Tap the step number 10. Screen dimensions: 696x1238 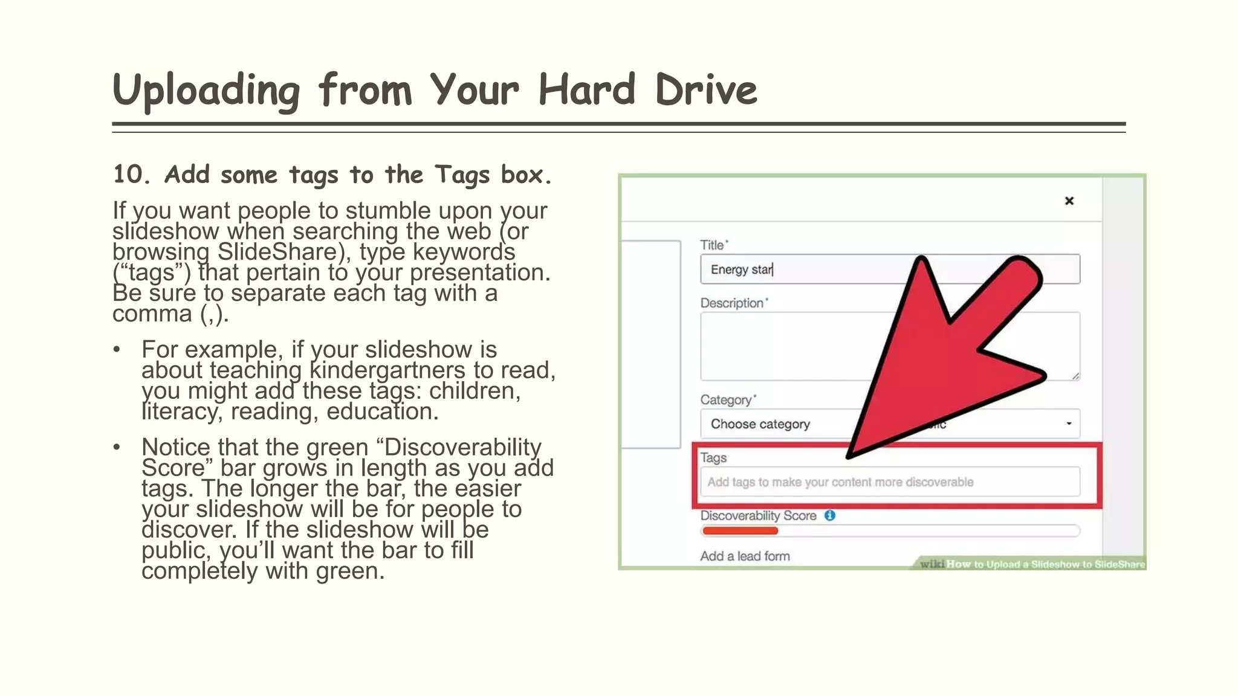click(x=131, y=175)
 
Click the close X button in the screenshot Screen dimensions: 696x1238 click(x=1069, y=201)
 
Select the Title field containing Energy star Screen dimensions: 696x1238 click(x=804, y=269)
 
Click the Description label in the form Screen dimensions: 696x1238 click(x=731, y=303)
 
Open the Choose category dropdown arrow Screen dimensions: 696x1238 click(x=1069, y=424)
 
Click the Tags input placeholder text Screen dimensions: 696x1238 click(x=840, y=482)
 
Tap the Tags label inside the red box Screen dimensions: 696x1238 click(x=713, y=458)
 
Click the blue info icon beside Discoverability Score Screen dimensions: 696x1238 click(x=830, y=515)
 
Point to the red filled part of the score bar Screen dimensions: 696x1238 click(x=740, y=531)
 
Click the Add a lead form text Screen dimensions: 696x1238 click(x=745, y=556)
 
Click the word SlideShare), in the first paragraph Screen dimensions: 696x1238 click(x=284, y=252)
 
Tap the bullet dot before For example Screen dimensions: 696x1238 click(x=117, y=350)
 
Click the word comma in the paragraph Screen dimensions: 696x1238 click(x=152, y=314)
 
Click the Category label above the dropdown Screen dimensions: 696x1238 click(x=725, y=400)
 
